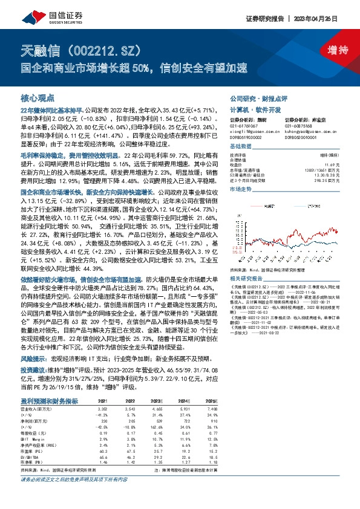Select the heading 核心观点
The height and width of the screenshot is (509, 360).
(x=38, y=97)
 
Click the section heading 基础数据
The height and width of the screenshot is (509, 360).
(x=240, y=147)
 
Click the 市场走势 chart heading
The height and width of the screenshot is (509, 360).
(x=240, y=189)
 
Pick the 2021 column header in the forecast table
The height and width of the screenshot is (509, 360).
(x=103, y=401)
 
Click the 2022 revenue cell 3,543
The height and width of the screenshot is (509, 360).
(x=129, y=409)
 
